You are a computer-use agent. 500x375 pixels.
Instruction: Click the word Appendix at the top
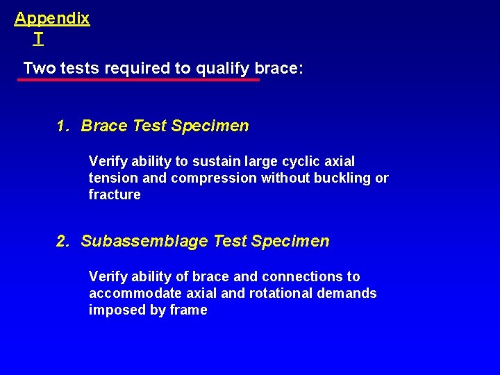coord(52,19)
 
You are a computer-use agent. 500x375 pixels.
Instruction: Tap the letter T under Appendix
coord(38,40)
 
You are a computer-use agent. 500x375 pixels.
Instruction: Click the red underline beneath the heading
coord(139,80)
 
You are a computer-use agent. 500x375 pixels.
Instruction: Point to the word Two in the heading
coord(37,69)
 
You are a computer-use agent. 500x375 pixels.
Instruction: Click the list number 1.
coord(62,126)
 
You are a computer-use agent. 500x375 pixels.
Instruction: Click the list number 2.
coord(62,241)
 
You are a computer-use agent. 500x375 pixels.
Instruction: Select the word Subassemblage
coord(144,241)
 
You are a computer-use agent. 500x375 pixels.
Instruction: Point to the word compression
coord(214,178)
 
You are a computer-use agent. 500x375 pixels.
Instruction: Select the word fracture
coord(115,194)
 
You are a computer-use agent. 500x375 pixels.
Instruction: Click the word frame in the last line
coord(189,310)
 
